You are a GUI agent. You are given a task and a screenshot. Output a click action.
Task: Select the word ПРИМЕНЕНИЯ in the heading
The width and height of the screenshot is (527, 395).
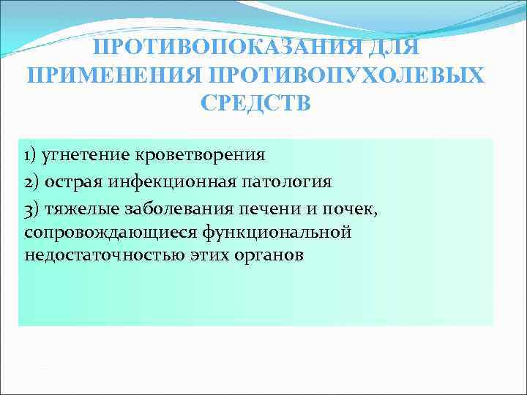[115, 75]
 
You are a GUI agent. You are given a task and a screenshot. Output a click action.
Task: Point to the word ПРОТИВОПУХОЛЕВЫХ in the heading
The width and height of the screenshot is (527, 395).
[346, 75]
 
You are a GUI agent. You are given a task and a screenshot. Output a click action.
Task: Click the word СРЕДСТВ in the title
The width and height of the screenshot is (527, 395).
[255, 102]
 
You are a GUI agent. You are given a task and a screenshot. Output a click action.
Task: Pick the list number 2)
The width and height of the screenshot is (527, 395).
[31, 181]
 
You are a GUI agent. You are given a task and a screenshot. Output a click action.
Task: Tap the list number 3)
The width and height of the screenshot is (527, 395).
[31, 208]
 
